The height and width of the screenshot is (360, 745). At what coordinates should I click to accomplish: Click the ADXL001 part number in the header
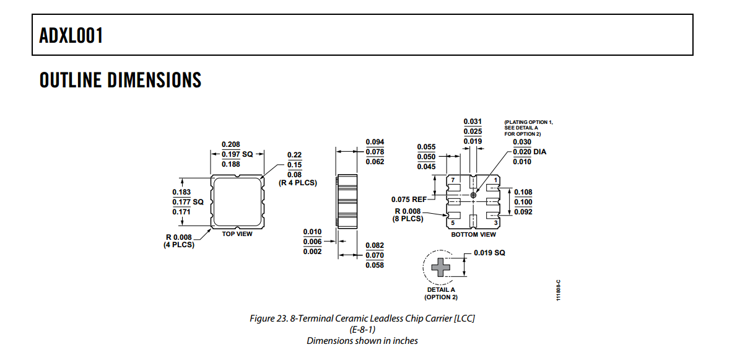pos(71,35)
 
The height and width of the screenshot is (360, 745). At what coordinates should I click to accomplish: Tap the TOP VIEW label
pos(237,234)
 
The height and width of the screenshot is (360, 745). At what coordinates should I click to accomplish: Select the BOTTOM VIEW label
pos(473,234)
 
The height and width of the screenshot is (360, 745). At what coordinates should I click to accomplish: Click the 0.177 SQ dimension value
pos(188,202)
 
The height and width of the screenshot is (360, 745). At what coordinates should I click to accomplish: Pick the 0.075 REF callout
pos(409,200)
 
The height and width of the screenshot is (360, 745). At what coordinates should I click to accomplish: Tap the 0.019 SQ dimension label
pos(489,253)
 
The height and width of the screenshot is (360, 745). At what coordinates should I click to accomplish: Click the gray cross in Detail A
pos(441,267)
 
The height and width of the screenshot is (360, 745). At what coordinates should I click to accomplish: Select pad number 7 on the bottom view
pos(453,180)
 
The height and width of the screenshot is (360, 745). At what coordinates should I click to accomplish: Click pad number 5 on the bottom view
pos(453,222)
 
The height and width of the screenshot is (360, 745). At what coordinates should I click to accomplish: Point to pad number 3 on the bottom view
pos(496,222)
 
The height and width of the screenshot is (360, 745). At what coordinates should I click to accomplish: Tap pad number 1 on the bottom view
pos(496,180)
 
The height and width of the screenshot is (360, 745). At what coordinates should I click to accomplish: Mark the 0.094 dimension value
pos(375,142)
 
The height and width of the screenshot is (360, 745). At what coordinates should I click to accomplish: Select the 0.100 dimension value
pos(523,202)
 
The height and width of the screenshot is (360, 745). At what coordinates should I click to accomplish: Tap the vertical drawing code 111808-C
pos(558,289)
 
